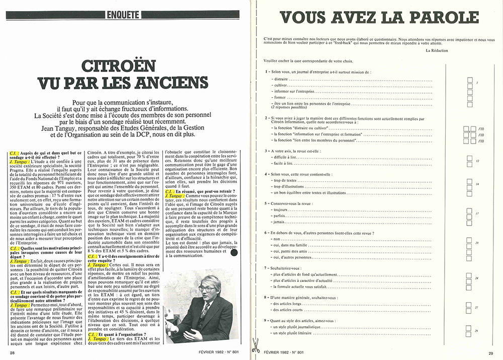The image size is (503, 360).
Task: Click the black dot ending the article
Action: [x=233, y=254]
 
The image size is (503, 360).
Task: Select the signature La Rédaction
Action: [x=437, y=50]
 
